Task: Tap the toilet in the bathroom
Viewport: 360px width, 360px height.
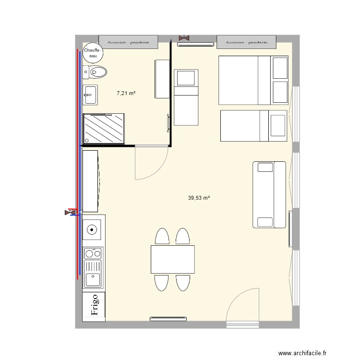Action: (96, 72)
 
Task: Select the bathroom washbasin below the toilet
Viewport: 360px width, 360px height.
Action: (90, 95)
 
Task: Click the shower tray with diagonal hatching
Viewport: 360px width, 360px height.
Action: (104, 128)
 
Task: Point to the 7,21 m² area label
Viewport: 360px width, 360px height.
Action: (126, 94)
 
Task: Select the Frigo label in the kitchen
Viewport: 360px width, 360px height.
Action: (94, 305)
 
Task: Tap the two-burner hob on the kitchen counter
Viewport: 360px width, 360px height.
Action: (93, 252)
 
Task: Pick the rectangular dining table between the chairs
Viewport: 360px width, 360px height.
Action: (173, 259)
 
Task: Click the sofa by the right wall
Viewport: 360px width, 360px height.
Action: (269, 194)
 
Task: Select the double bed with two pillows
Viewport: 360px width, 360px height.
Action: (253, 80)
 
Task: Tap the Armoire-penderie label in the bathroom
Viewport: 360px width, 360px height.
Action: (128, 42)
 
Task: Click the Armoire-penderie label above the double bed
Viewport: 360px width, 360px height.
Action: (246, 42)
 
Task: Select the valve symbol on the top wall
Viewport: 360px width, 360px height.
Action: (183, 37)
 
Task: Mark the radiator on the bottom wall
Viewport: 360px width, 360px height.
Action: (168, 318)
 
